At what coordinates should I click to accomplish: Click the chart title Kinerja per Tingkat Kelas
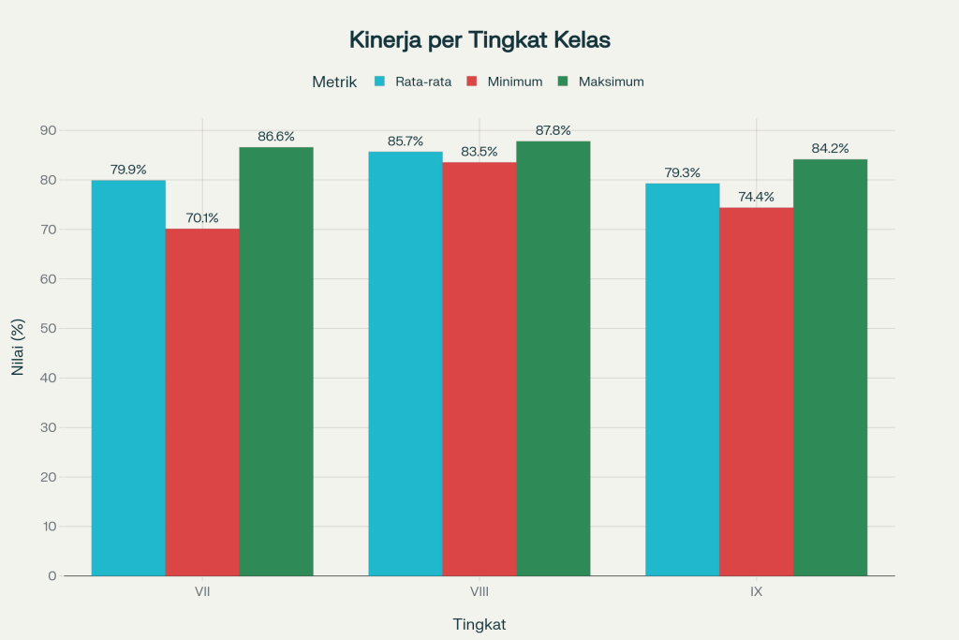479,40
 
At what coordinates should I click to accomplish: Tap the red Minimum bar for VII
202,402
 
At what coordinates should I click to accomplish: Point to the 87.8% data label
553,131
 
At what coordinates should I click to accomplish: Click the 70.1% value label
202,218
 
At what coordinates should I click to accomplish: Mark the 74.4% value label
756,197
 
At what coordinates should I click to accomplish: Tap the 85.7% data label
406,141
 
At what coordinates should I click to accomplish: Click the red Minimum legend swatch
473,82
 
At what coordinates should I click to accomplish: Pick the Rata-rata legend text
423,82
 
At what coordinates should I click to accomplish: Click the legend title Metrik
334,82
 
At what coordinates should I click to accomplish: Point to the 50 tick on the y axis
47,329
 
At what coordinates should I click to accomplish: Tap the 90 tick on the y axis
47,130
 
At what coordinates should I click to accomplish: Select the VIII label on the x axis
479,593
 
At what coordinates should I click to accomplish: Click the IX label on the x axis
756,593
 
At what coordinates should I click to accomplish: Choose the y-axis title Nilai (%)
18,348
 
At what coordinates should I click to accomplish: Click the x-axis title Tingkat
479,624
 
